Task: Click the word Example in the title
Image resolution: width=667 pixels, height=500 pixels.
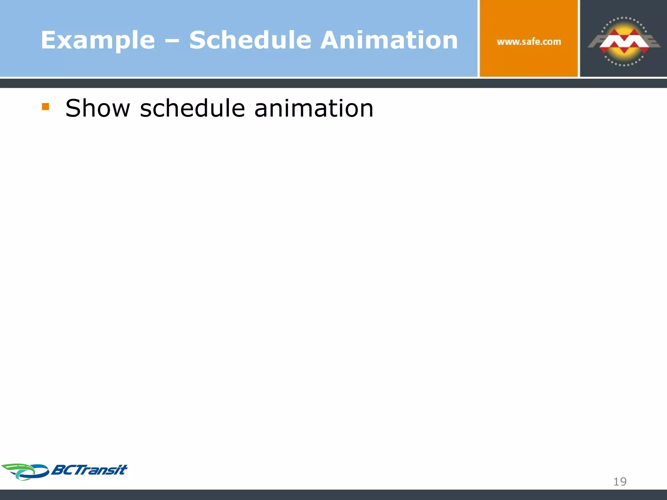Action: point(98,40)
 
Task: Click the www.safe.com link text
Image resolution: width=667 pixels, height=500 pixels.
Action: point(529,42)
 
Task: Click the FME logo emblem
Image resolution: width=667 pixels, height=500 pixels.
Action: point(624,42)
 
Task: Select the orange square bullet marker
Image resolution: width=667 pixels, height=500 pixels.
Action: point(46,107)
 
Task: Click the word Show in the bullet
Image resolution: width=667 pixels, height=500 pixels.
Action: point(98,108)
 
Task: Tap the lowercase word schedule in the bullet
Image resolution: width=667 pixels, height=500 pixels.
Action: point(192,108)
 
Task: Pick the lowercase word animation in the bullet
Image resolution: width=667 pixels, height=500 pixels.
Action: point(314,108)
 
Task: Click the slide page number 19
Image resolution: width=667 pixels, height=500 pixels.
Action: point(620,481)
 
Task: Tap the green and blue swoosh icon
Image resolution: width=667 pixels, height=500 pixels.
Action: point(25,472)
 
